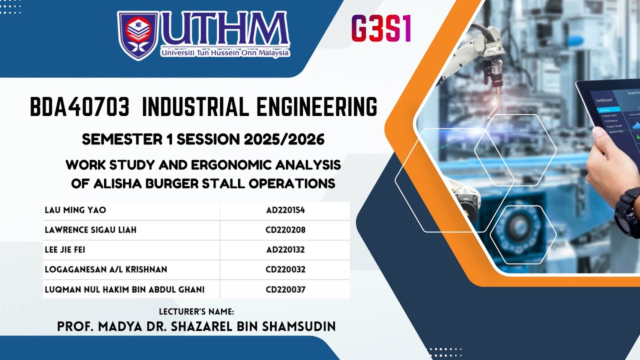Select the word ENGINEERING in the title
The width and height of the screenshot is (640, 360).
pyautogui.click(x=317, y=107)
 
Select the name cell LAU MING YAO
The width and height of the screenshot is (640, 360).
pyautogui.click(x=75, y=210)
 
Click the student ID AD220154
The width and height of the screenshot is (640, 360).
pyautogui.click(x=285, y=210)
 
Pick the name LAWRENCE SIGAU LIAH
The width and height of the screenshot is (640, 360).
pyautogui.click(x=90, y=230)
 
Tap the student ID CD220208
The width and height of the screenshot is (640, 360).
pyautogui.click(x=285, y=230)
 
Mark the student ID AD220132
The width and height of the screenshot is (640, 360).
pyautogui.click(x=285, y=249)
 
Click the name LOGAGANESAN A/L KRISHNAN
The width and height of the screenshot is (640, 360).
pyautogui.click(x=106, y=269)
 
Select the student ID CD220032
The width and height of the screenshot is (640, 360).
pyautogui.click(x=285, y=269)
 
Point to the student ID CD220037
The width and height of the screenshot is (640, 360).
pyautogui.click(x=285, y=289)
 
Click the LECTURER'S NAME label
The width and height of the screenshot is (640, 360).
pyautogui.click(x=196, y=311)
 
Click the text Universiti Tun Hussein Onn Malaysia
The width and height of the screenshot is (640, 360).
pyautogui.click(x=225, y=52)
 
